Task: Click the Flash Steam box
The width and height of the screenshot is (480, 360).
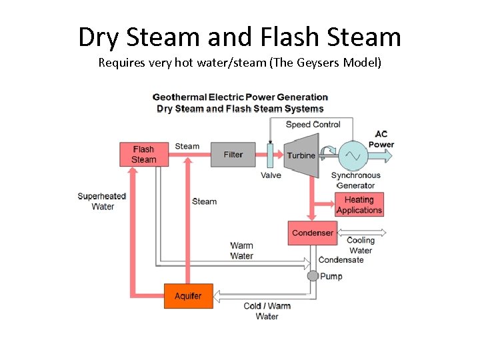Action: [143, 155]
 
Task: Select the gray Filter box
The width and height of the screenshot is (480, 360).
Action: [233, 155]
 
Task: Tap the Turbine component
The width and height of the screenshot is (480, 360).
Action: [301, 155]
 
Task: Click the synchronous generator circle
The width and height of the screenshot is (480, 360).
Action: [353, 155]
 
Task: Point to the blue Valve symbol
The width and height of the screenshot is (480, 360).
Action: [271, 155]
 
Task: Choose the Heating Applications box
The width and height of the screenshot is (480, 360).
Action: [359, 205]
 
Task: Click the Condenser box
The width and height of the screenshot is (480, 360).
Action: [313, 233]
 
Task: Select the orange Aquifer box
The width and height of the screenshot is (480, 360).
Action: [188, 296]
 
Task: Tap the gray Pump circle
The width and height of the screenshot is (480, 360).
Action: [313, 276]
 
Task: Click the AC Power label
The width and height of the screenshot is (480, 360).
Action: [381, 139]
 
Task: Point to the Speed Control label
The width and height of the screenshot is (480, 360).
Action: [313, 125]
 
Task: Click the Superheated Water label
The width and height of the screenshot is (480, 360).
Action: [102, 201]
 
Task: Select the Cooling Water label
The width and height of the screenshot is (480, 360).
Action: [361, 245]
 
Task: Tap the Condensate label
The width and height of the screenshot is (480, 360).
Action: [341, 260]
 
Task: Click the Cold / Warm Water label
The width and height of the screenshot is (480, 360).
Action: [267, 311]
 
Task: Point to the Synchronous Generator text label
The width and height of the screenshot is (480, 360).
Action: [355, 181]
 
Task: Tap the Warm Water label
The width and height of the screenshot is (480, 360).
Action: [241, 251]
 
